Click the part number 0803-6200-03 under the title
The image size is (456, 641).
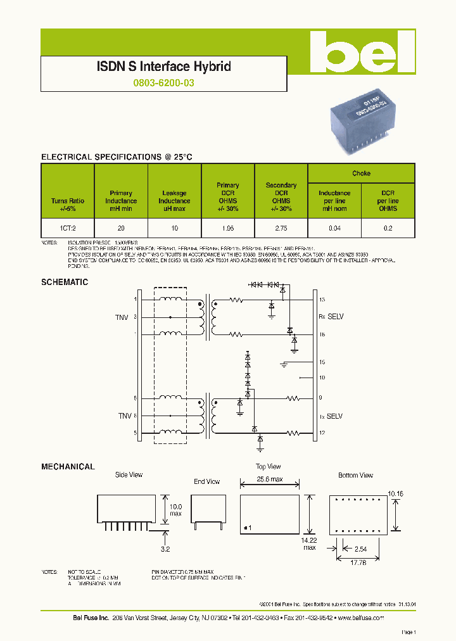pos(163,82)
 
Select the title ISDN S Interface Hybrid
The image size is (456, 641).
pos(163,67)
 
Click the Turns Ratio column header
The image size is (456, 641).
pos(68,204)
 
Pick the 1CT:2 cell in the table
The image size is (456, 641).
pos(68,227)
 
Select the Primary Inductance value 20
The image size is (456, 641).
pos(121,227)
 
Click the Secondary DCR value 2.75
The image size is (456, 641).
pos(281,227)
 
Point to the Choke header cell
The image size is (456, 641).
pos(361,173)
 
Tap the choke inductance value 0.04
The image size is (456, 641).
pos(334,227)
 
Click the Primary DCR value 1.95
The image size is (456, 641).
pos(227,227)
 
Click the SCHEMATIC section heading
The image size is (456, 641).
pos(65,282)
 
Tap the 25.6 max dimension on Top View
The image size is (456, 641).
pos(269,479)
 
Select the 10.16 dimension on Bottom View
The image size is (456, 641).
pos(395,493)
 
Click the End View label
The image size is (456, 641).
pos(206,482)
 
